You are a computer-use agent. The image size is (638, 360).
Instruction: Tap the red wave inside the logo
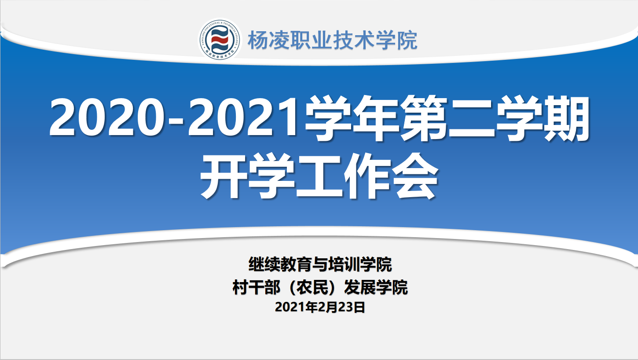(220, 40)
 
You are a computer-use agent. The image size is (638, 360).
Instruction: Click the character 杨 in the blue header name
(258, 40)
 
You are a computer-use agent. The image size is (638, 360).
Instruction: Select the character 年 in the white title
(375, 118)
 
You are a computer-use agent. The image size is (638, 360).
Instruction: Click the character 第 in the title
(424, 118)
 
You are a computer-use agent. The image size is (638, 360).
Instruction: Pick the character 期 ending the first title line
(567, 118)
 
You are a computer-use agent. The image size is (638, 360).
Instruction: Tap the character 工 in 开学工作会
(319, 176)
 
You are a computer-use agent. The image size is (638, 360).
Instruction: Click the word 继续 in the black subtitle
(264, 264)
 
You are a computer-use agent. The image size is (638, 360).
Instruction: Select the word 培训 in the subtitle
(344, 264)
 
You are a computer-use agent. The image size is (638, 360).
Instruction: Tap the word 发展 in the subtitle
(360, 287)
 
